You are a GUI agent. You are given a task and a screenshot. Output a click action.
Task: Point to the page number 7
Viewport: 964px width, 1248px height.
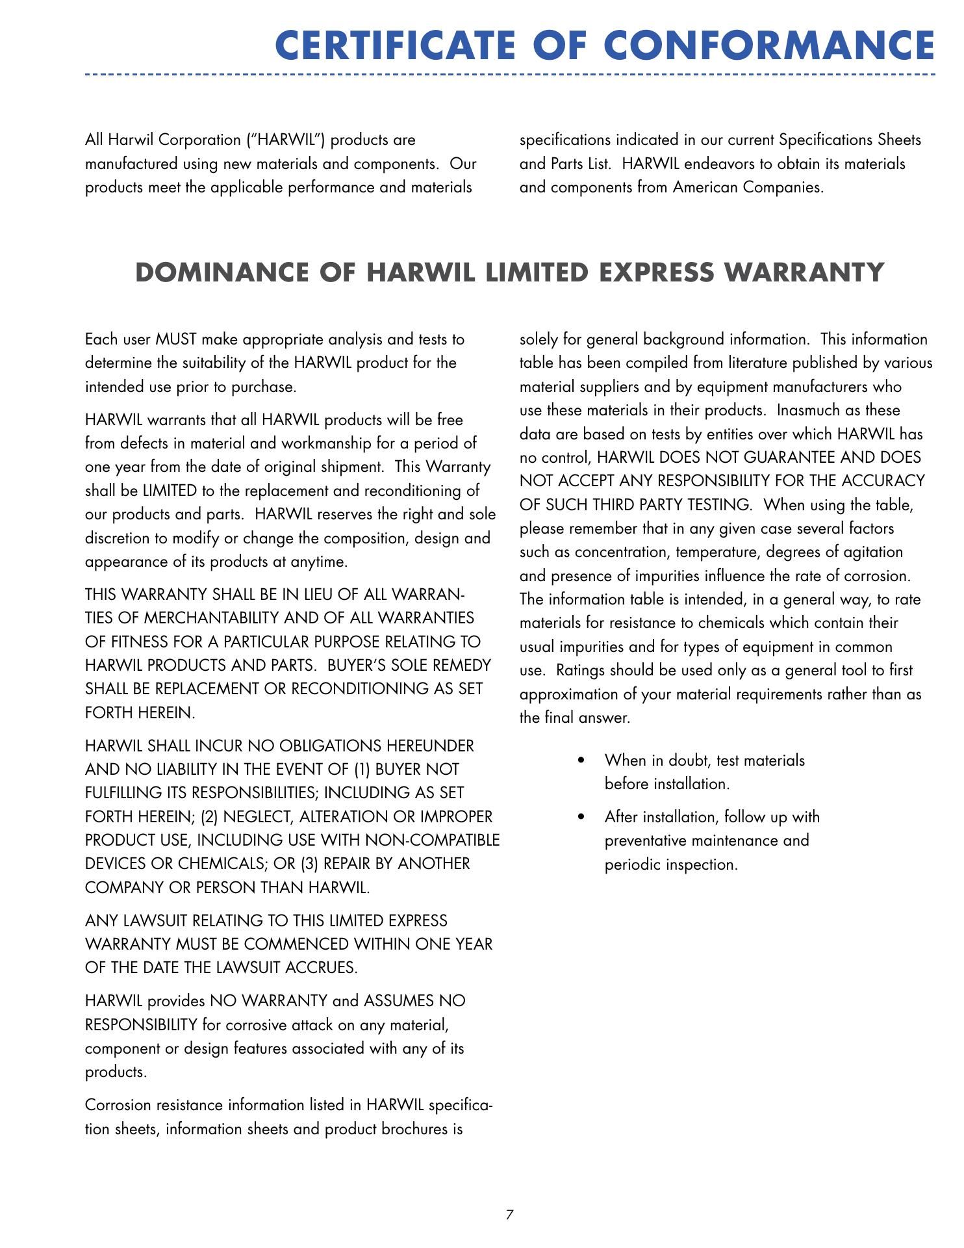[509, 1214]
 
